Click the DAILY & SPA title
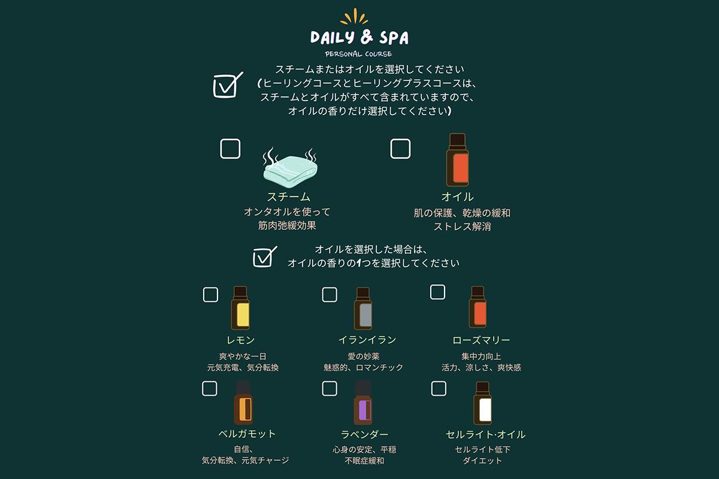point(359,37)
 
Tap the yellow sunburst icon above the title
point(354,16)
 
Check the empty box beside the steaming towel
point(230,149)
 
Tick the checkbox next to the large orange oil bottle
point(400,149)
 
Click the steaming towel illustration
point(290,168)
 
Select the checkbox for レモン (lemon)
point(210,295)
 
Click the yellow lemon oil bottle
point(240,308)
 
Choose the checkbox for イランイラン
point(330,295)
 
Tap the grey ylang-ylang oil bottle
point(363,308)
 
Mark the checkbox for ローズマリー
point(437,292)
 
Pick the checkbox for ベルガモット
point(210,389)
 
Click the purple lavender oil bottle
point(363,403)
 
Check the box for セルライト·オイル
point(439,389)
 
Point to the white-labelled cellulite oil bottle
point(482,404)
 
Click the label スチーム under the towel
point(289,196)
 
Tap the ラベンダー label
point(364,435)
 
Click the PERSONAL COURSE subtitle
point(358,54)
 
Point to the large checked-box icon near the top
point(228,84)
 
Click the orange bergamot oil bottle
point(243,403)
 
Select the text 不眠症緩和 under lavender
point(364,460)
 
